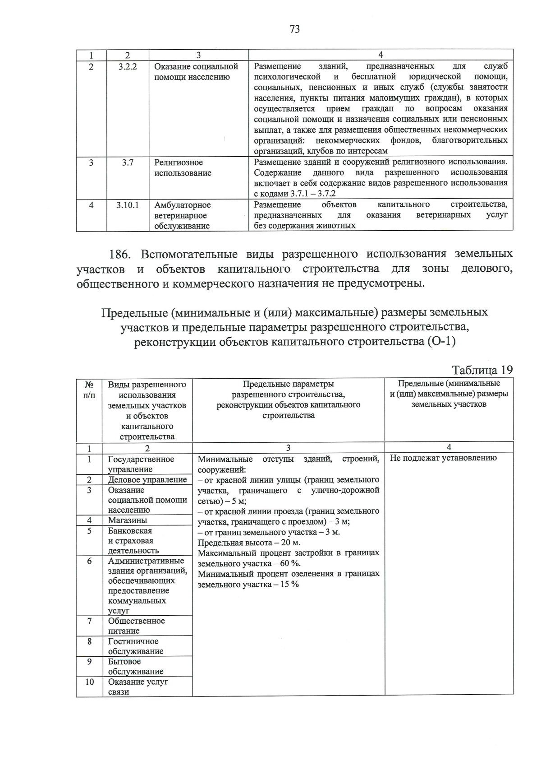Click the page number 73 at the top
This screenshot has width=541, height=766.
pos(294,30)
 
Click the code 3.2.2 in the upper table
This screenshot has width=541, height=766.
pos(128,66)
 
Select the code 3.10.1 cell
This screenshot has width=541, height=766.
pos(128,205)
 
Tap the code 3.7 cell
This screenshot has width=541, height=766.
pos(128,162)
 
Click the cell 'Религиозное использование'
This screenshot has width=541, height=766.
pos(183,168)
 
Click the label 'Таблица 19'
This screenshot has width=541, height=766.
pos(482,370)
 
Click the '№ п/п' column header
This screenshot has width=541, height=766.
pos(89,390)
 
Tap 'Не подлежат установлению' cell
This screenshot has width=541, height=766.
pos(443,458)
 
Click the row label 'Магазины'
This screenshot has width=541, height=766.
pos(128,520)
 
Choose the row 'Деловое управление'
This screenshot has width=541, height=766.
pos(147,480)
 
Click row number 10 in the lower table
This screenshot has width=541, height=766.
pos(89,682)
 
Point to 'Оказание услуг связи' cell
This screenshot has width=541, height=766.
pos(138,687)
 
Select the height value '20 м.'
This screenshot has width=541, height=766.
pos(290,543)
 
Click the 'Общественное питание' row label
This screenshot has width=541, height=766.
pos(136,626)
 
